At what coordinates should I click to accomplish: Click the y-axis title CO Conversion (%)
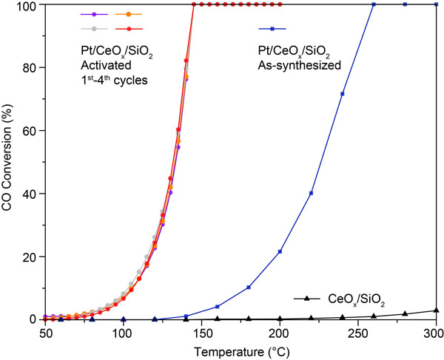click(x=10, y=161)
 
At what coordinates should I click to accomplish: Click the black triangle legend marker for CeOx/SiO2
click(x=306, y=299)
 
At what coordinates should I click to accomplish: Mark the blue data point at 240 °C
click(x=342, y=94)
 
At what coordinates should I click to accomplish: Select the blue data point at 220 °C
click(x=311, y=194)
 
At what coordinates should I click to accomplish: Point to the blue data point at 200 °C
click(x=280, y=252)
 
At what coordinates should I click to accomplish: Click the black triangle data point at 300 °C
click(x=436, y=310)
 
